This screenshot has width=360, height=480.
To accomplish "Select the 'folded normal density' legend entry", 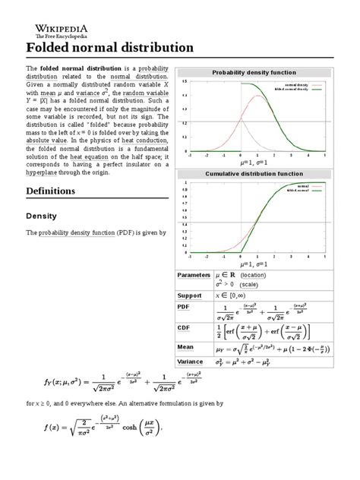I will click(x=296, y=90).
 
